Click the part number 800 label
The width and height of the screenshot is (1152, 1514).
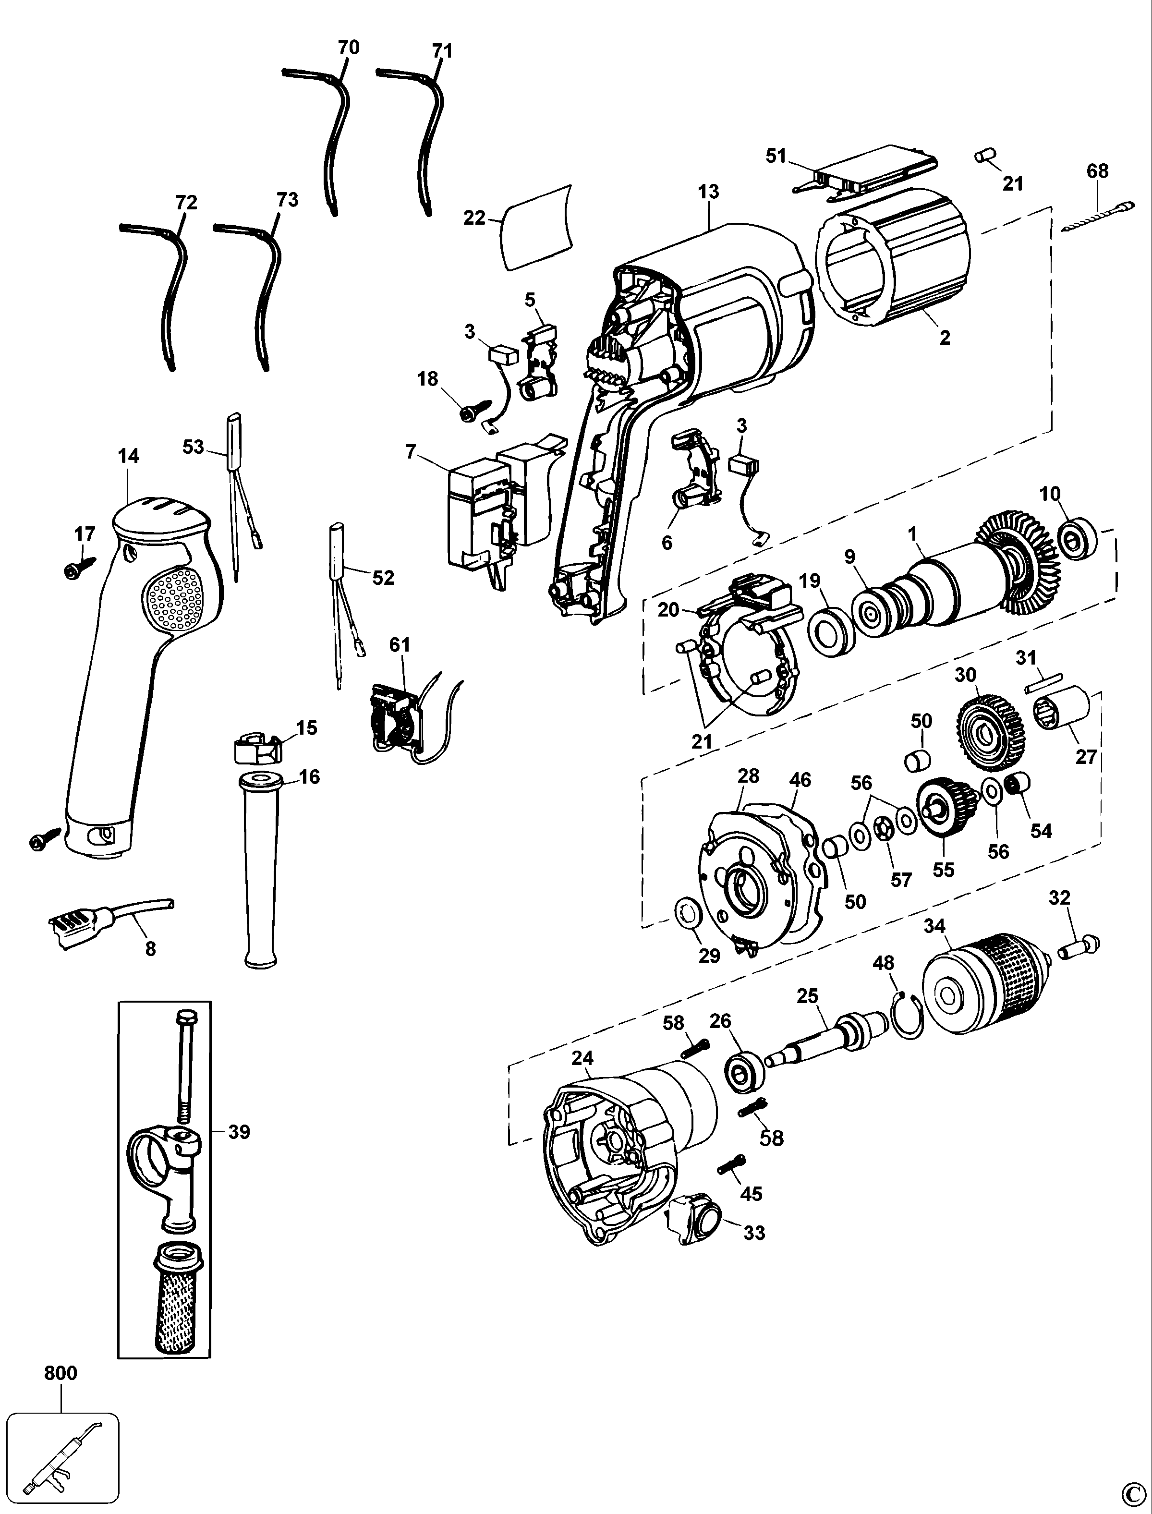click(61, 1373)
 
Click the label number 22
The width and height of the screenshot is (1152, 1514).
click(474, 218)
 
